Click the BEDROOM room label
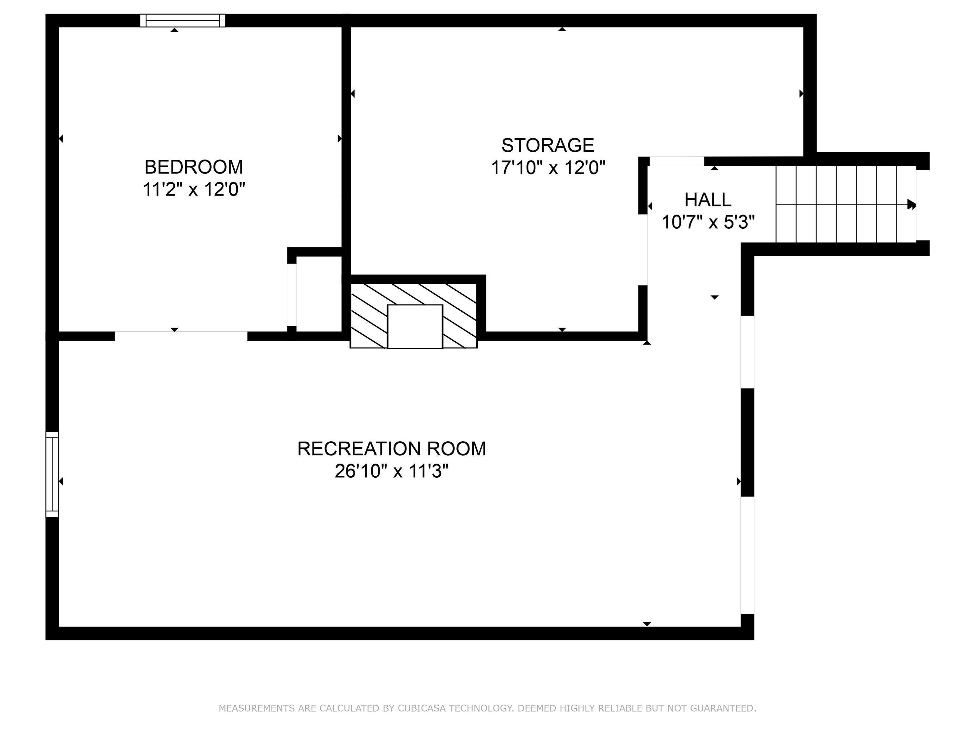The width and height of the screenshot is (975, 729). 194,167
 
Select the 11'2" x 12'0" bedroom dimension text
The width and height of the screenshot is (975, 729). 194,190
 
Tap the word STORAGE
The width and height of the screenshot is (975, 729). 548,145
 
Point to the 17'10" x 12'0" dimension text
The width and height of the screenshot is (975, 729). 548,168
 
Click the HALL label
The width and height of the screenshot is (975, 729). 707,200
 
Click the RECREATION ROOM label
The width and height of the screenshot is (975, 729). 391,449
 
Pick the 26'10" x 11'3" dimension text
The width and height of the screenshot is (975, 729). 391,471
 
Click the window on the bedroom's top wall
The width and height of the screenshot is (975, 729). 182,21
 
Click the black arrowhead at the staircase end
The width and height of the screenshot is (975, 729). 911,204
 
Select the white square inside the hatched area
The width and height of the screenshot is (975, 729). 415,326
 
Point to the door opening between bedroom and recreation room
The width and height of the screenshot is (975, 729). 181,336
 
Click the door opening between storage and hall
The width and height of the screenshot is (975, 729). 643,249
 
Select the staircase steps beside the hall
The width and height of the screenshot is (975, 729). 845,204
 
